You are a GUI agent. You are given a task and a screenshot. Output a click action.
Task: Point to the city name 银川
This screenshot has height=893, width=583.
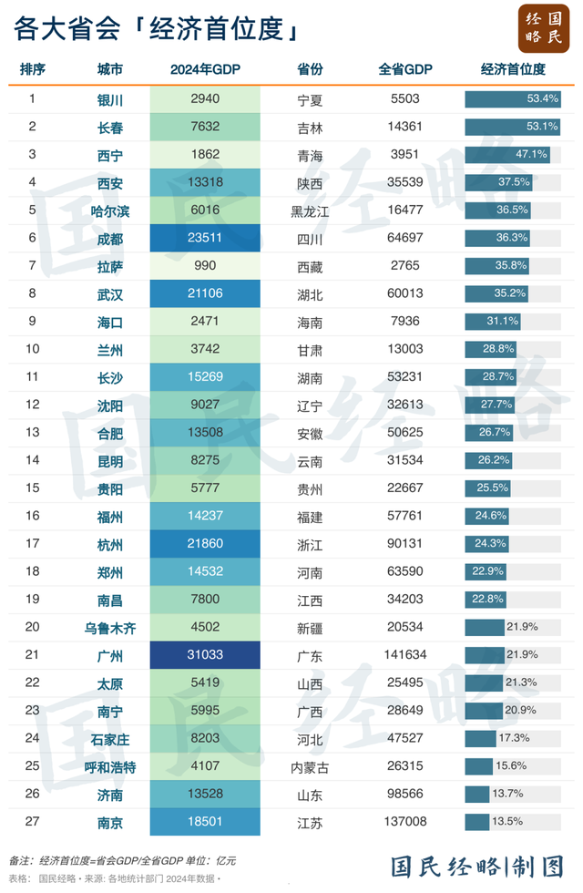point(110,100)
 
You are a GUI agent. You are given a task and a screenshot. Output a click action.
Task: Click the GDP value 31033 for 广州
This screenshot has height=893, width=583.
point(205,654)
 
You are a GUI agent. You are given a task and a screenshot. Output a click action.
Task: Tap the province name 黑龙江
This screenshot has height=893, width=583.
point(310,211)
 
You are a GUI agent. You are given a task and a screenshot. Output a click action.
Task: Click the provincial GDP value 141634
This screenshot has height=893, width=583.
point(404,654)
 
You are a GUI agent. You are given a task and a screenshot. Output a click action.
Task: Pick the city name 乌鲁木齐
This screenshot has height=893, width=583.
point(110,627)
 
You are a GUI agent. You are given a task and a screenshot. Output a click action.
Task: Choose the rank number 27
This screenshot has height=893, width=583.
point(33,821)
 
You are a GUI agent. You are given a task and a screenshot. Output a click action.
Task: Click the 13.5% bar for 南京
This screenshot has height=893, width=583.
point(477,821)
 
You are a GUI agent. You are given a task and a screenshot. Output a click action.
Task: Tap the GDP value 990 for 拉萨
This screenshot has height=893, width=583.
point(205,266)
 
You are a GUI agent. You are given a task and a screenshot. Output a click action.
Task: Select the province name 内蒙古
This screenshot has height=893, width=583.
point(310,766)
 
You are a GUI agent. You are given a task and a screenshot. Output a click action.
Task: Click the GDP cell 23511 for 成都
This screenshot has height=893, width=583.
point(205,239)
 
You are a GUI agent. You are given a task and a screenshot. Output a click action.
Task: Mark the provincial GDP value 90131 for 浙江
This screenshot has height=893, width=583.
point(404,544)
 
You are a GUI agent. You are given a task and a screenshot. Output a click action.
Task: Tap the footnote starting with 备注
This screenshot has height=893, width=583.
point(123,860)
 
